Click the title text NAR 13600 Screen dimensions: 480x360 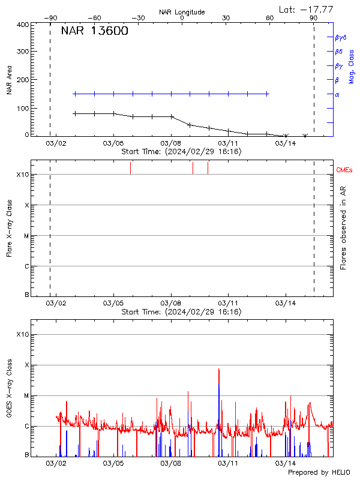tap(94, 32)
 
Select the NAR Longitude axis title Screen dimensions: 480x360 tap(182, 12)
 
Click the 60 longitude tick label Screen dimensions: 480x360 tap(270, 18)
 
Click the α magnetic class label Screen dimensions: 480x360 tap(337, 94)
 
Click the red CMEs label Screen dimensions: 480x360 tap(344, 170)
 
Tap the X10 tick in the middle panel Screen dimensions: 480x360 tap(23, 175)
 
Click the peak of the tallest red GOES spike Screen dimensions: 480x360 tap(219, 369)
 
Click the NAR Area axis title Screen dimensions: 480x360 tap(9, 80)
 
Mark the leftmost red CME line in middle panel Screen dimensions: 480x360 tap(130, 168)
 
